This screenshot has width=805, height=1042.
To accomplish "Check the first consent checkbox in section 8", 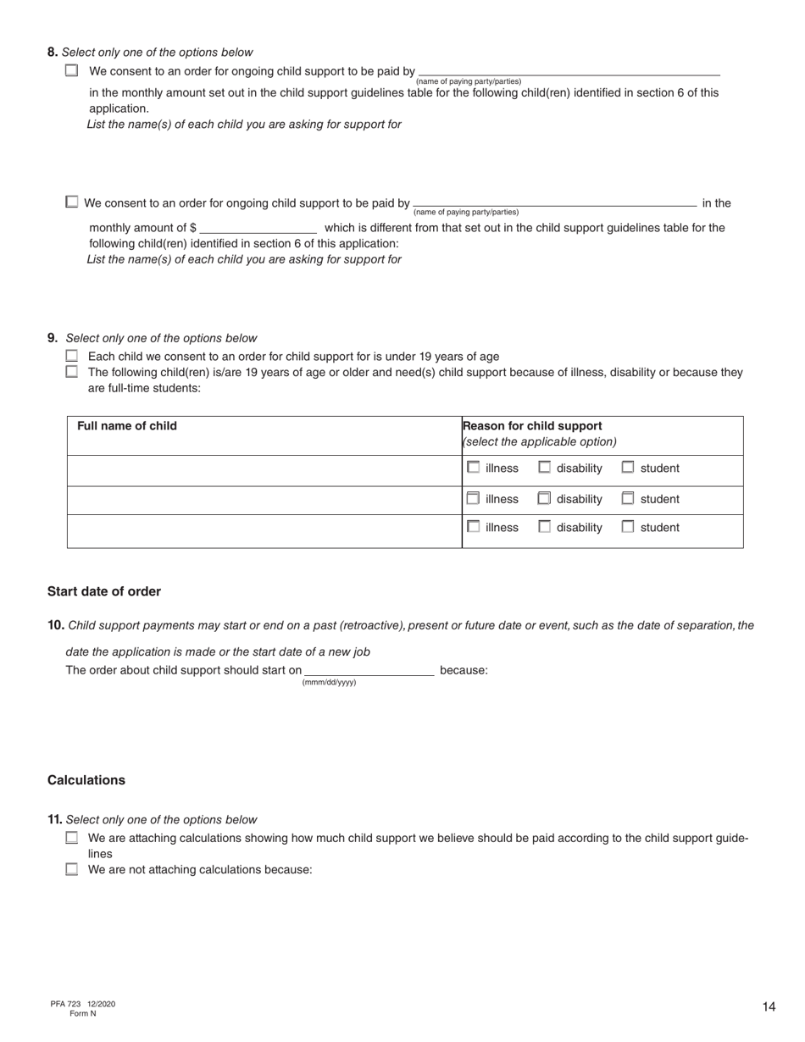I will pos(72,71).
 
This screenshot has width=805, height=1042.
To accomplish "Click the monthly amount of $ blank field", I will pos(258,227).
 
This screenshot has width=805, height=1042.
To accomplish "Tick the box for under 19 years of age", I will pos(72,356).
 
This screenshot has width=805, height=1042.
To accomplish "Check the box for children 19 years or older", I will pos(72,371).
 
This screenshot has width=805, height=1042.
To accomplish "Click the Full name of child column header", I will pos(127,426).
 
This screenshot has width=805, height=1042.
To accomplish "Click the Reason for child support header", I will pos(532,426).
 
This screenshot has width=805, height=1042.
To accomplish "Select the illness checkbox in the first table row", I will pos(474,467).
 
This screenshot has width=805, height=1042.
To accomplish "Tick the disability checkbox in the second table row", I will pos(544,498).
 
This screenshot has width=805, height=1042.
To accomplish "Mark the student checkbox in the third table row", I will pos(628,526).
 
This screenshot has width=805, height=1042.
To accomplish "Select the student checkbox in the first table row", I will pos(628,467).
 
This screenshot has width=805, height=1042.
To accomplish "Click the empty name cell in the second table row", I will pos(264,499).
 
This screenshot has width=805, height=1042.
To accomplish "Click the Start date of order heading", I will pos(104,591).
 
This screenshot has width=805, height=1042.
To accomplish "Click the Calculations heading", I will pos(86,779).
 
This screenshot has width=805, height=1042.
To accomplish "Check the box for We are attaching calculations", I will pos(72,838).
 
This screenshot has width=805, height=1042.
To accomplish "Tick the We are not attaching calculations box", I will pos(72,868).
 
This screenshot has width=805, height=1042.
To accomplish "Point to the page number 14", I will pos(769,1006).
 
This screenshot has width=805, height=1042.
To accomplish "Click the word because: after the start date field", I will pos(464,670).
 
